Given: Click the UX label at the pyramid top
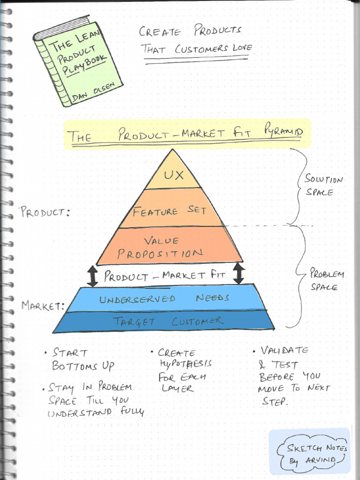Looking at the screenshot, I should click(x=172, y=175).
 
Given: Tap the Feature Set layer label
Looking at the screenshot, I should click(x=169, y=211).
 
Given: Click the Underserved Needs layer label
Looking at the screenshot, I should click(x=164, y=299).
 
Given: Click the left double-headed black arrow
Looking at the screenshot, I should click(x=93, y=276).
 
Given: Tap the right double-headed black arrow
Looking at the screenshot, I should click(x=239, y=273).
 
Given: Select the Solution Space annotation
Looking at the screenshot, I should click(x=323, y=185).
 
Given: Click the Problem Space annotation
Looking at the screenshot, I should click(x=327, y=280).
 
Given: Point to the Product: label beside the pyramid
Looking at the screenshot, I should click(x=45, y=212).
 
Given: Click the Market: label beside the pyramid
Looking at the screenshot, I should click(x=43, y=306).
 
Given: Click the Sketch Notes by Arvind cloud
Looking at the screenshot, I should click(x=312, y=454).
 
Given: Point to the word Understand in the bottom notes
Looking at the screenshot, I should click(x=80, y=412).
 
